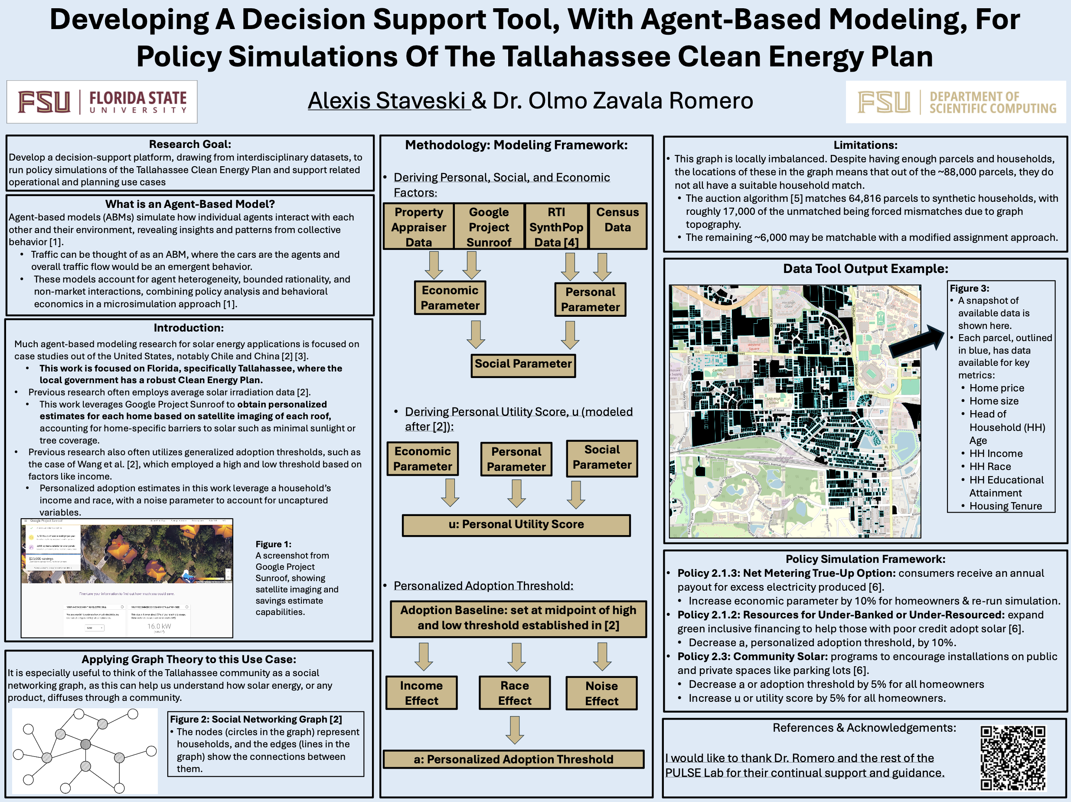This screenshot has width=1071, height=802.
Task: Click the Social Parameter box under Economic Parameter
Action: (x=523, y=364)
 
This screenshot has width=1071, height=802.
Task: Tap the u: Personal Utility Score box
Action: (x=516, y=524)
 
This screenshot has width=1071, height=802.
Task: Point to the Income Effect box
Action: (x=421, y=693)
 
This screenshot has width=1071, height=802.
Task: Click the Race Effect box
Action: (x=515, y=693)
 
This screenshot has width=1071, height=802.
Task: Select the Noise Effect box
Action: (x=601, y=694)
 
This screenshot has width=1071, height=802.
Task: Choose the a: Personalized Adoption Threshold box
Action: (x=513, y=759)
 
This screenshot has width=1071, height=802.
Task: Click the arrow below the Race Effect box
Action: (x=515, y=730)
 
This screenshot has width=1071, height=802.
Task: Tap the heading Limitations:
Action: (x=865, y=145)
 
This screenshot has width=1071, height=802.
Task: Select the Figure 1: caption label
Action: (x=274, y=544)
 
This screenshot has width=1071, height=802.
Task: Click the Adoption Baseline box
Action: (x=518, y=618)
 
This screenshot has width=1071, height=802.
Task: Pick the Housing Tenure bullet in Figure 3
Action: (x=1005, y=506)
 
